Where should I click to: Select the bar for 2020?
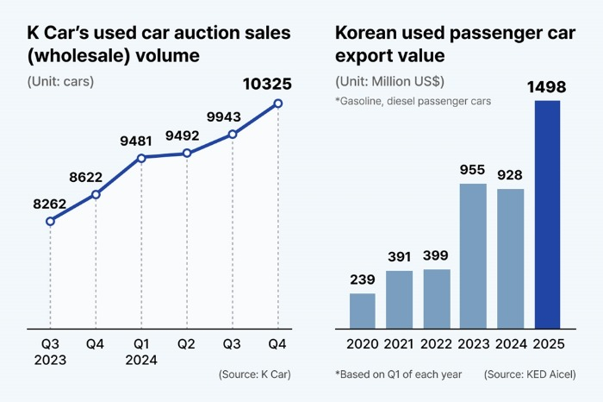tap(362, 311)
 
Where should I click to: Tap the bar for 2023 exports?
tap(474, 255)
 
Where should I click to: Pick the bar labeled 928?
tap(511, 258)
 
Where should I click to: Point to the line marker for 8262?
tap(50, 222)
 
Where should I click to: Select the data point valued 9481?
tap(141, 157)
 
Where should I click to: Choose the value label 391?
tap(400, 256)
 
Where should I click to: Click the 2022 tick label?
tap(437, 344)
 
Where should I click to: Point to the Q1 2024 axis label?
tap(141, 352)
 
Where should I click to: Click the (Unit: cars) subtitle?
tap(61, 82)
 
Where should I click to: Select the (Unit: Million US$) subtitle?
tap(389, 82)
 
